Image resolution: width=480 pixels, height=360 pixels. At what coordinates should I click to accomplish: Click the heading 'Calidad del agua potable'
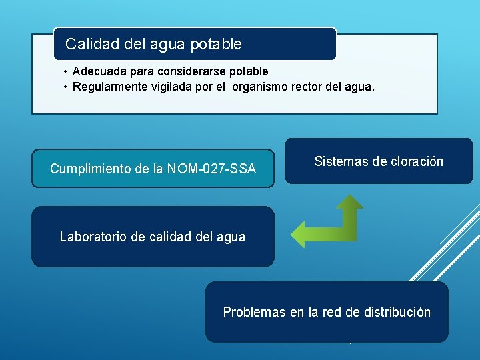(x=153, y=45)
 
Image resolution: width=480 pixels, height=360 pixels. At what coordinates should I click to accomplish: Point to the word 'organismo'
(x=260, y=86)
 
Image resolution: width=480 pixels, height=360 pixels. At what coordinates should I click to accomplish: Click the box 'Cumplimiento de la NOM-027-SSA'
(x=153, y=169)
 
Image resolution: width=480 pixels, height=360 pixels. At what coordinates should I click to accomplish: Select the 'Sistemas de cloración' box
(x=378, y=161)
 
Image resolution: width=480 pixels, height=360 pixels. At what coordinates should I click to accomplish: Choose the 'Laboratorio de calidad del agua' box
(x=153, y=237)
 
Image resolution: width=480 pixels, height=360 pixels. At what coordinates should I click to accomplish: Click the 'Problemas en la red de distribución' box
(x=327, y=312)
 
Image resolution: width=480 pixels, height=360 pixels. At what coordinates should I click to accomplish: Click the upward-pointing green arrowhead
(x=349, y=202)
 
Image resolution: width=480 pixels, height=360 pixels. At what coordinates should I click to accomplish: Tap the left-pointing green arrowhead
(x=300, y=233)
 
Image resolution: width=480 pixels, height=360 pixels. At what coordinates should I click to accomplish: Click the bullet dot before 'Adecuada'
(x=65, y=71)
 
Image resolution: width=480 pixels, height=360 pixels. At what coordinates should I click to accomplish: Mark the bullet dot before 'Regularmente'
(x=65, y=86)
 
